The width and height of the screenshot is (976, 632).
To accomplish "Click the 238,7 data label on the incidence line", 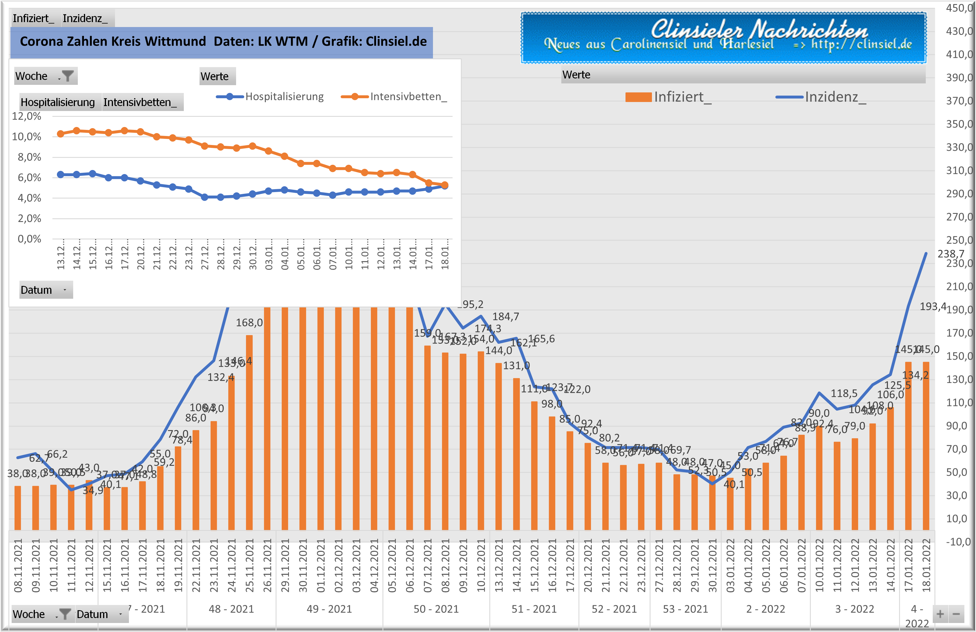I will (950, 254).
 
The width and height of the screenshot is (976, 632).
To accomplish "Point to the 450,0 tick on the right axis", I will (959, 8).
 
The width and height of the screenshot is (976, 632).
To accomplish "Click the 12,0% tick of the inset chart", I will (26, 117).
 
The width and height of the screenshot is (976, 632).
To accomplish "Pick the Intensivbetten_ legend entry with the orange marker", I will (394, 97).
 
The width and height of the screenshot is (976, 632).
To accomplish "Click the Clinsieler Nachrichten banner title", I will (759, 30).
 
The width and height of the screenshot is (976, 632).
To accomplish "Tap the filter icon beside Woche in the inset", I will (67, 76).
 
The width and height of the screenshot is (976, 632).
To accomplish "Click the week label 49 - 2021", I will (329, 609).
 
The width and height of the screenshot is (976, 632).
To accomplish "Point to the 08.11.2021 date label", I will (18, 565).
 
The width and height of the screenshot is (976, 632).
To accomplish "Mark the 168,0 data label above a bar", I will (249, 323).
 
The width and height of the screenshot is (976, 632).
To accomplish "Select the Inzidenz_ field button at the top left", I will (85, 19).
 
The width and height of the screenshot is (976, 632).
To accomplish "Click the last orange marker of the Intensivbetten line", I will (445, 185).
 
